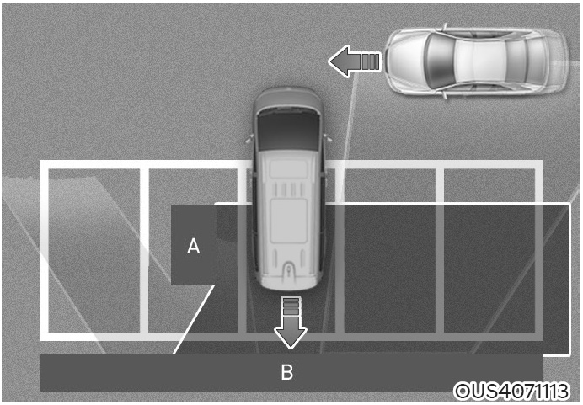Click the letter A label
click(193, 247)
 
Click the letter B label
click(286, 371)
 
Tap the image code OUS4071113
click(512, 391)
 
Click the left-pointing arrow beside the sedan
click(355, 61)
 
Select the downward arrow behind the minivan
click(291, 322)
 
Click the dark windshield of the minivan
click(288, 131)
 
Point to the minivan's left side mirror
click(249, 140)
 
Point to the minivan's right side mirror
click(328, 139)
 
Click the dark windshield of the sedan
click(440, 61)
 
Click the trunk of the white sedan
click(547, 61)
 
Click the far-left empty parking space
click(94, 250)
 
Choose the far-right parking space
click(489, 250)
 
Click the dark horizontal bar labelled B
click(291, 372)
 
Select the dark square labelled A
click(193, 245)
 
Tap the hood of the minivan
click(288, 99)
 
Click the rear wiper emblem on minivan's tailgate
click(289, 269)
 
